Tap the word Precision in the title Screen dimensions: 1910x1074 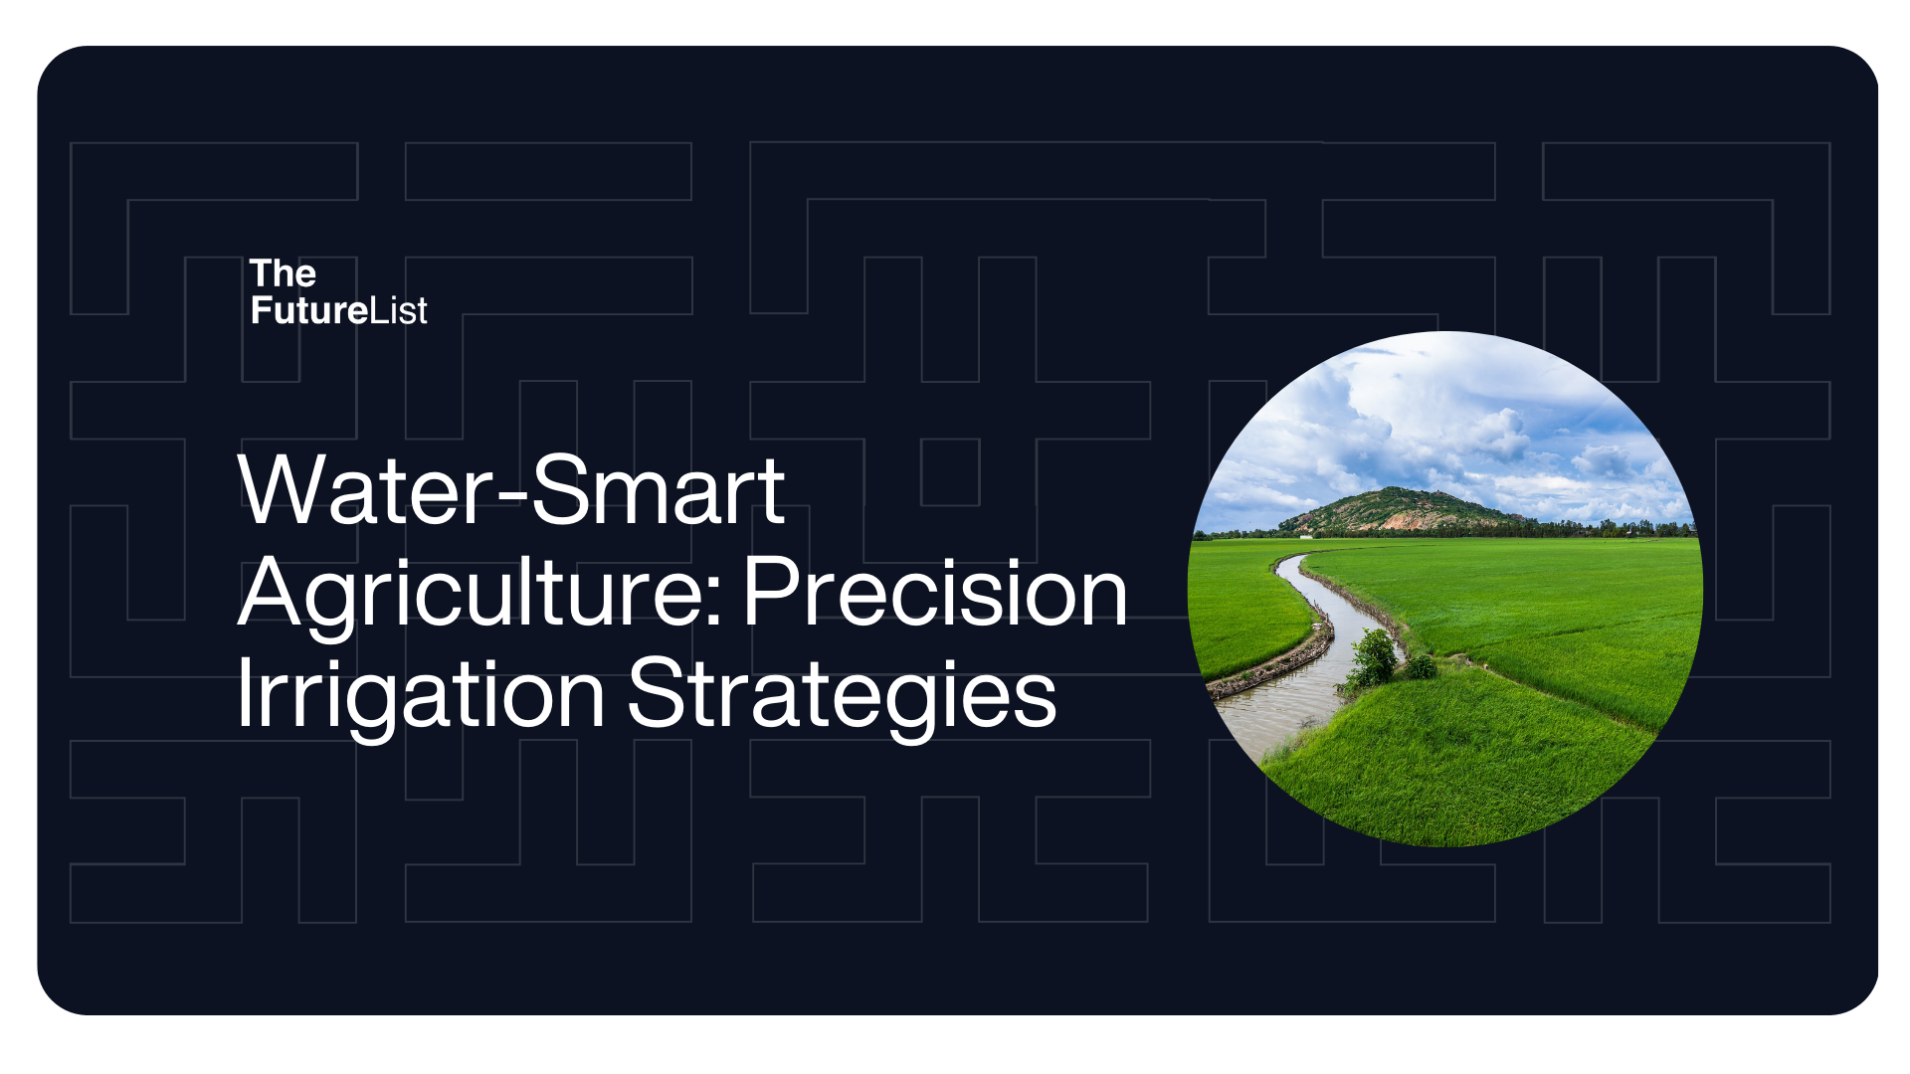pos(935,593)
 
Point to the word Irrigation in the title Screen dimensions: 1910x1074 pos(421,697)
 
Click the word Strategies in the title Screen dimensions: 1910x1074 pos(842,697)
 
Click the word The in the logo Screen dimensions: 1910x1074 pos(283,273)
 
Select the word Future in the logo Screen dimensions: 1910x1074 pos(309,310)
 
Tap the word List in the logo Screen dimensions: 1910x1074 pos(398,310)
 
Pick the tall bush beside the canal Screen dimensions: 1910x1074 pos(1375,658)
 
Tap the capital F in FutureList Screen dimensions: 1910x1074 pos(262,310)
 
